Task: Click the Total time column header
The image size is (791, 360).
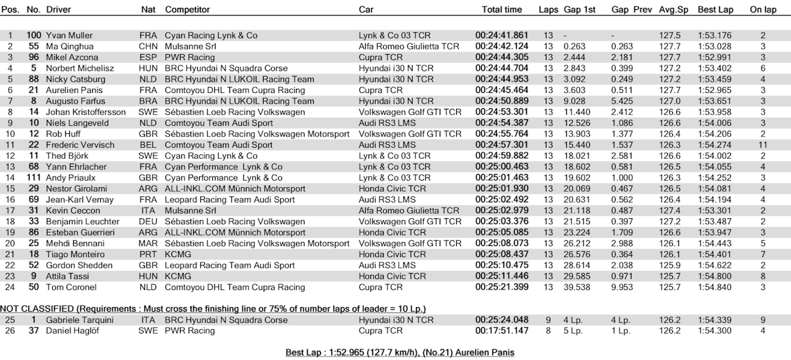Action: coord(502,10)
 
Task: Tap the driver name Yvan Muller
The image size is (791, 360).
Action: coord(69,35)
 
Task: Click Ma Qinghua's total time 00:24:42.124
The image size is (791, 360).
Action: coord(502,46)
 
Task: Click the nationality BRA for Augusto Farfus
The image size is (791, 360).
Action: coord(148,101)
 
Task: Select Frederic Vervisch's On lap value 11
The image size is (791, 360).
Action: coord(763,144)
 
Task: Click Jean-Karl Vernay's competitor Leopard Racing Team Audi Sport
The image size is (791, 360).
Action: coord(230,199)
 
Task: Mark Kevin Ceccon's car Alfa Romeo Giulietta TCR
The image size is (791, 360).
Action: coord(409,210)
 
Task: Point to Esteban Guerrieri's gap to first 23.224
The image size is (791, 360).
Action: coord(575,232)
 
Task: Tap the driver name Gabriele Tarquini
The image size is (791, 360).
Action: coord(77,320)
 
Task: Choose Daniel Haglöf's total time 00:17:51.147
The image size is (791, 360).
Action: coord(502,331)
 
